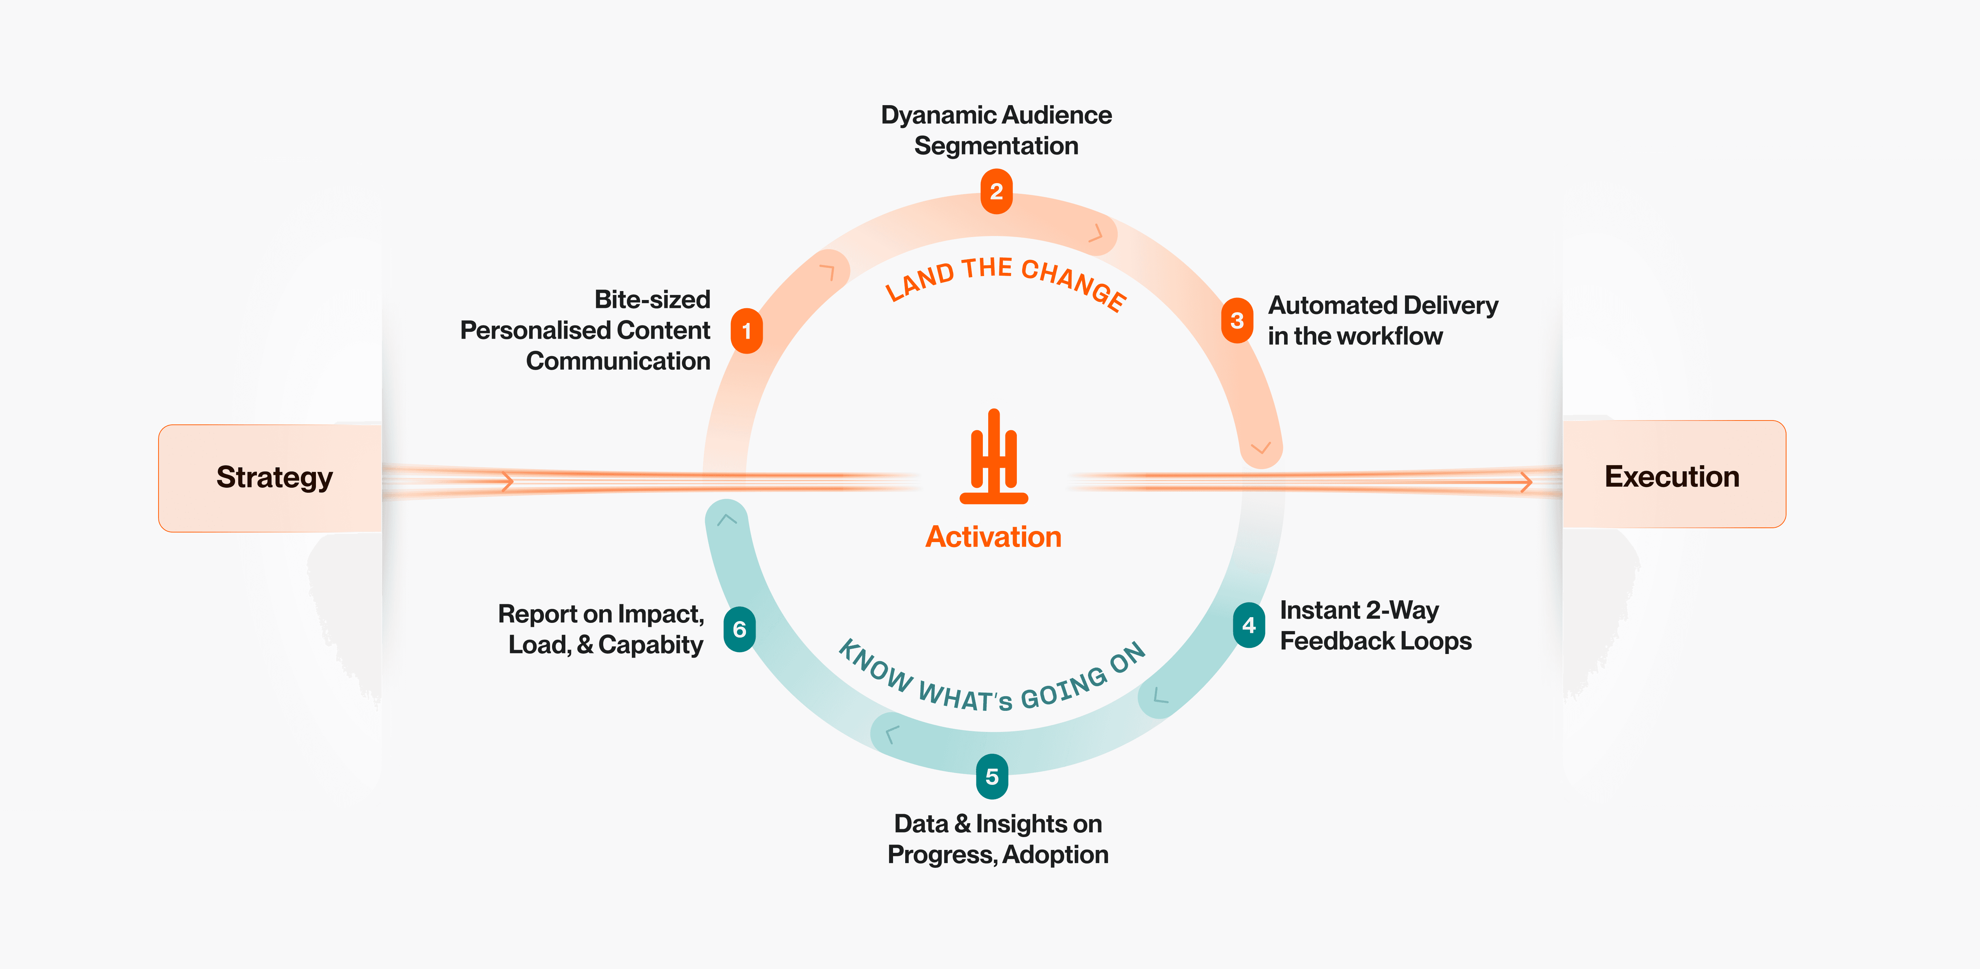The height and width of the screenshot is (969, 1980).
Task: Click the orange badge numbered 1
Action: tap(746, 331)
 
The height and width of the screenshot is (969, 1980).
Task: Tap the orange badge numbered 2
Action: tap(996, 191)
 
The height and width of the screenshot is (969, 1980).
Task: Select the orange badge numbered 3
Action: tap(1237, 320)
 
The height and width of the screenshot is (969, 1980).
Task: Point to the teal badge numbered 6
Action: tap(740, 629)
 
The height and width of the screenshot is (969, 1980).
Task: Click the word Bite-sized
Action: tap(652, 300)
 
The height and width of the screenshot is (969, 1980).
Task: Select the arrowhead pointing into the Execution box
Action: tap(1527, 482)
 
